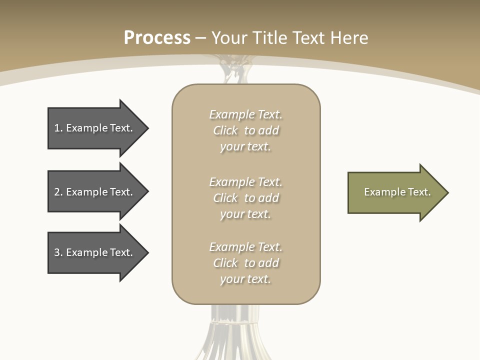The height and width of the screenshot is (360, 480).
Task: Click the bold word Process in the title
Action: pos(157,38)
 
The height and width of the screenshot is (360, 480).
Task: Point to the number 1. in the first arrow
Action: pos(58,128)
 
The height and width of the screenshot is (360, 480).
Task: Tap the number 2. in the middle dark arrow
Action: pos(58,192)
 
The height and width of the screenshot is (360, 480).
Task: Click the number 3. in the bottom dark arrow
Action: pos(58,252)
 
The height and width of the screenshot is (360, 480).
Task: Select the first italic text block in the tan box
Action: pos(245,130)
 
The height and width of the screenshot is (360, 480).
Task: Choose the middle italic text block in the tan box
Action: pos(245,198)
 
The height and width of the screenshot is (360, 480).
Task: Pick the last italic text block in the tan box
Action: pos(245,263)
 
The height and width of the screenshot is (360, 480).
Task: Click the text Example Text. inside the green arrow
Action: pos(397,192)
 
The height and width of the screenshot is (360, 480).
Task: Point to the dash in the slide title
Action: pos(200,38)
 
